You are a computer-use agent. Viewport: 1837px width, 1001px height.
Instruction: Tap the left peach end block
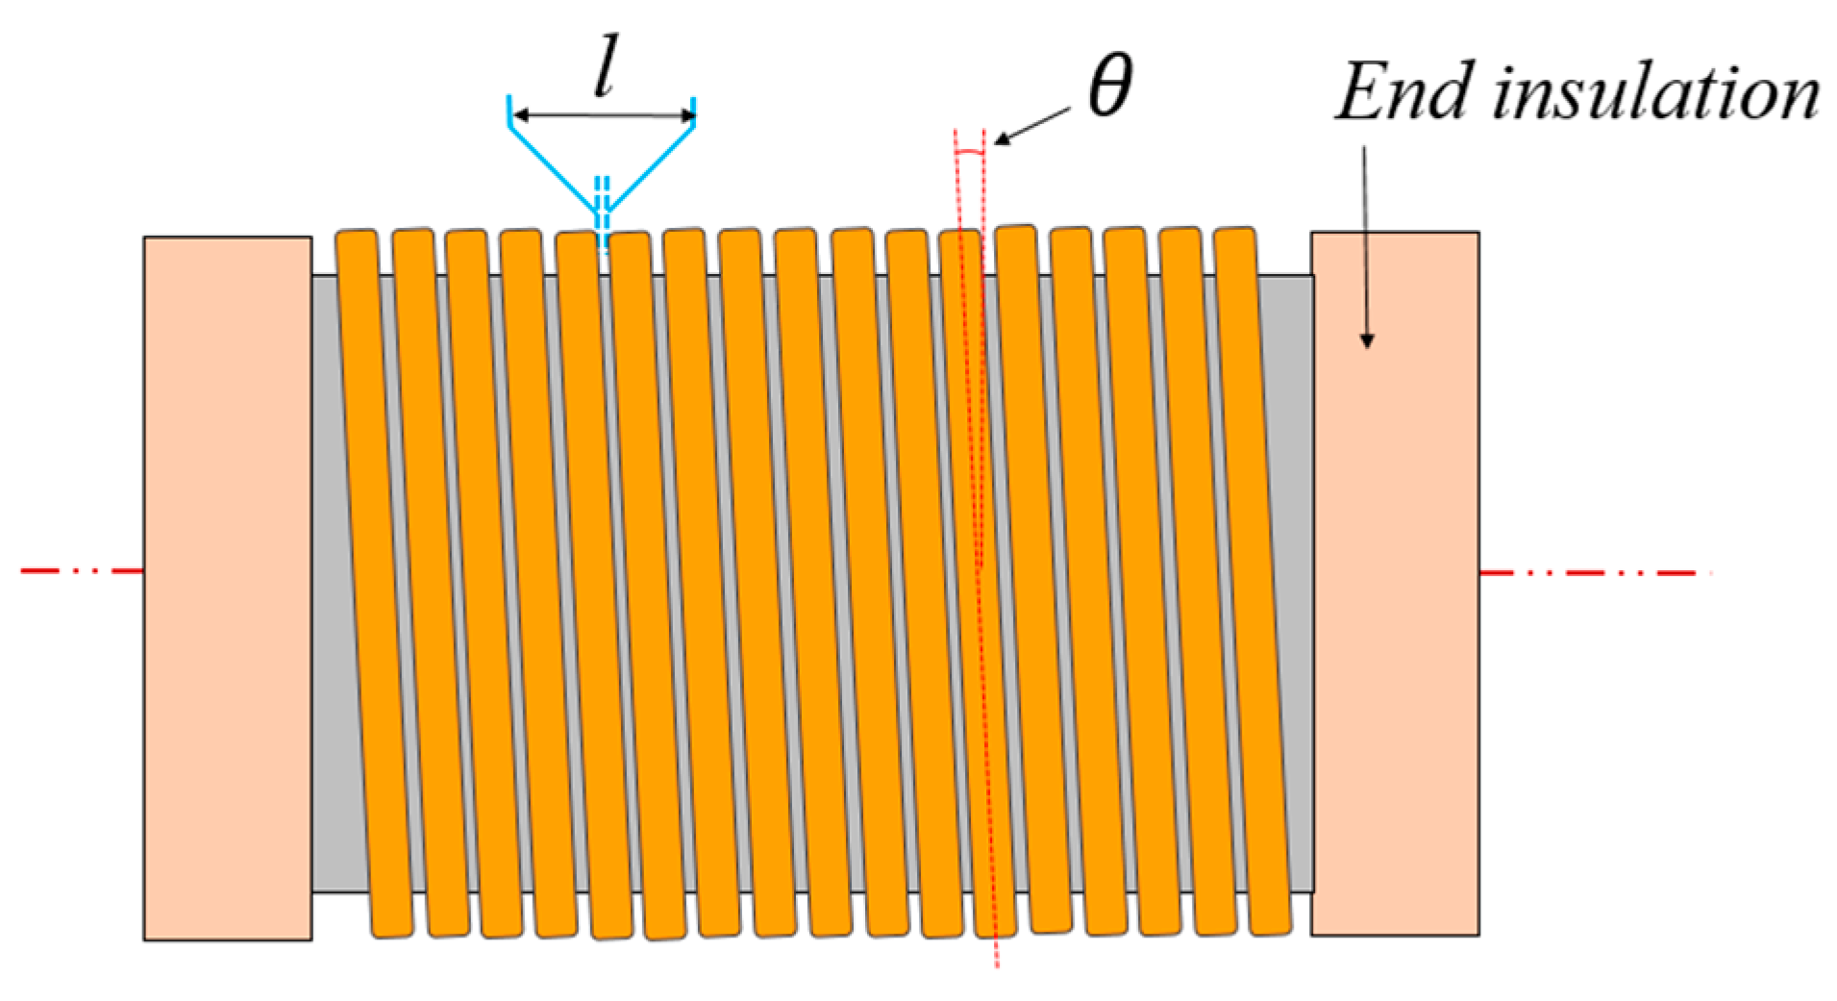pos(228,588)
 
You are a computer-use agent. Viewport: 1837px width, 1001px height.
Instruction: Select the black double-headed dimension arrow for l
pos(604,116)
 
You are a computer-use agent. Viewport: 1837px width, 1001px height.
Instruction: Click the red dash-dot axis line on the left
pos(82,571)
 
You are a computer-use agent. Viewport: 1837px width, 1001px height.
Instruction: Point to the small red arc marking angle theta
pos(971,152)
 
